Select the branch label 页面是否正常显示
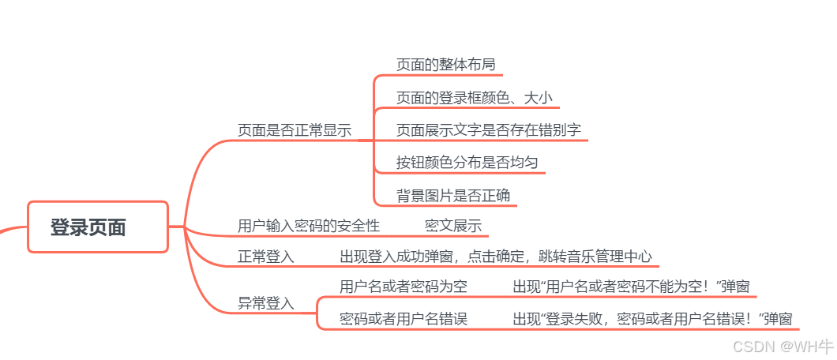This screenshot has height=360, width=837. click(295, 130)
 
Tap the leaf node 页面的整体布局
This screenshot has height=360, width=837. click(445, 64)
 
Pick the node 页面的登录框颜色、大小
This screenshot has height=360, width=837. click(474, 97)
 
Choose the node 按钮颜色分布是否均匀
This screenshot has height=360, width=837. click(467, 163)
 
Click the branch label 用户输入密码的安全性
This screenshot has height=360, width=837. click(309, 226)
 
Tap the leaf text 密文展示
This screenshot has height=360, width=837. click(452, 226)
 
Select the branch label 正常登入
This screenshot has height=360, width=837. click(265, 257)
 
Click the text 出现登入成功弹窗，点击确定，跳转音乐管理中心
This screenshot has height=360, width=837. click(496, 257)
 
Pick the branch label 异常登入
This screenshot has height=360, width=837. click(265, 302)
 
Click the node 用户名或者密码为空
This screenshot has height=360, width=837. click(403, 287)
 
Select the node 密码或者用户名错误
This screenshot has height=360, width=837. click(403, 319)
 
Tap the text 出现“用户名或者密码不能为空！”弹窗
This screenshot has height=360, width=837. click(630, 287)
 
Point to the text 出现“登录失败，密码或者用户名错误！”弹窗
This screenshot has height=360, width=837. click(651, 319)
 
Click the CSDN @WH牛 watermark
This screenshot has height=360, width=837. click(783, 346)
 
